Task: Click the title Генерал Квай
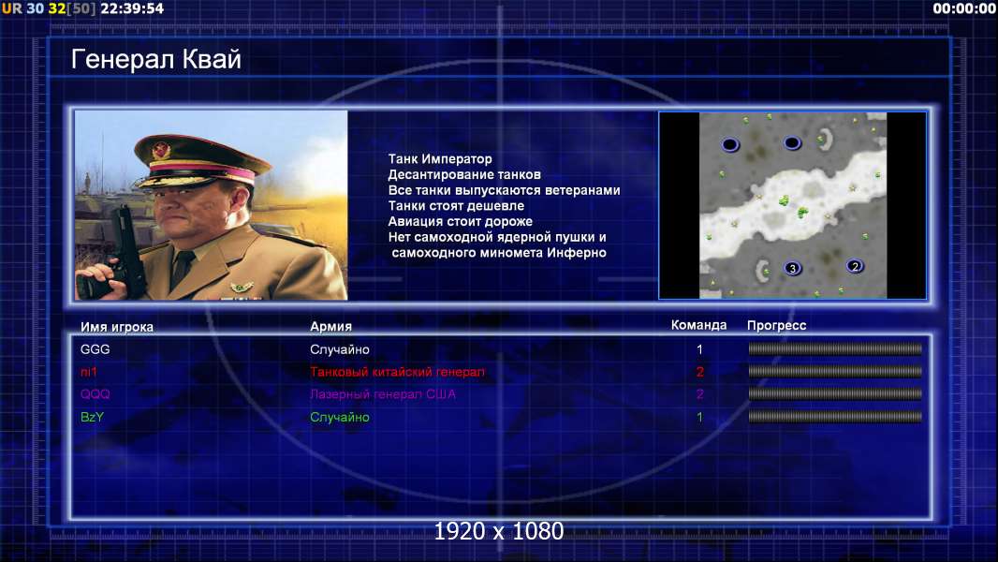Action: pyautogui.click(x=156, y=59)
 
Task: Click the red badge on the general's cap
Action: pyautogui.click(x=161, y=151)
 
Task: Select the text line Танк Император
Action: pyautogui.click(x=440, y=159)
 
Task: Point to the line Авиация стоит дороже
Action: pyautogui.click(x=461, y=221)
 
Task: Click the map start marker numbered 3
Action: pyautogui.click(x=792, y=268)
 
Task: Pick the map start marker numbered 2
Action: pyautogui.click(x=855, y=266)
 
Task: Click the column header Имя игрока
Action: pyautogui.click(x=116, y=327)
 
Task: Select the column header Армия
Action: pyautogui.click(x=331, y=327)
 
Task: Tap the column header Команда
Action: pyautogui.click(x=698, y=325)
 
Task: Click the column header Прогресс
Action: pyautogui.click(x=776, y=326)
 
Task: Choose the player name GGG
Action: pyautogui.click(x=95, y=349)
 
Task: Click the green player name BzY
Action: pyautogui.click(x=92, y=417)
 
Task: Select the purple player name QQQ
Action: pyautogui.click(x=95, y=394)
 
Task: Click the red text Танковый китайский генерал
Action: pyautogui.click(x=397, y=372)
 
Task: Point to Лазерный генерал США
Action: pyautogui.click(x=383, y=394)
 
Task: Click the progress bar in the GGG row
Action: pyautogui.click(x=835, y=348)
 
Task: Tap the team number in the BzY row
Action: pyautogui.click(x=699, y=418)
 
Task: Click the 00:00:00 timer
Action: pyautogui.click(x=963, y=9)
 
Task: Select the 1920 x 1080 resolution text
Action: pyautogui.click(x=499, y=531)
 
